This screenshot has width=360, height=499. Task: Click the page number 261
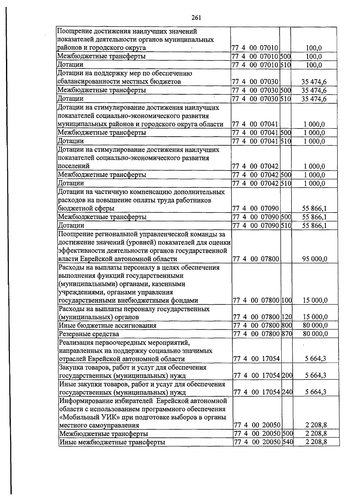pyautogui.click(x=196, y=18)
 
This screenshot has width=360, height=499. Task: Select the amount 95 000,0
pyautogui.click(x=315, y=259)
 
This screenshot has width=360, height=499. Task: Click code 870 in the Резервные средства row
pyautogui.click(x=287, y=334)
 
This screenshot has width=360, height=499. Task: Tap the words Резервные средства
pyautogui.click(x=89, y=334)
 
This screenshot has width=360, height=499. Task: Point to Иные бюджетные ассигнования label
pyautogui.click(x=108, y=325)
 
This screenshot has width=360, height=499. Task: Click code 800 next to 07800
pyautogui.click(x=287, y=325)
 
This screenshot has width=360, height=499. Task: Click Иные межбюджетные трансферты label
pyautogui.click(x=112, y=442)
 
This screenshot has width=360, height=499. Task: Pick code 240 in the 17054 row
pyautogui.click(x=287, y=392)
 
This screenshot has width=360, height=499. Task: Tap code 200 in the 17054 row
pyautogui.click(x=287, y=375)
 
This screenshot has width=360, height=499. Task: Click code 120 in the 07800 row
pyautogui.click(x=287, y=317)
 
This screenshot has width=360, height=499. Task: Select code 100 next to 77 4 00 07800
pyautogui.click(x=287, y=300)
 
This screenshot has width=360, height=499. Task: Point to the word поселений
pyautogui.click(x=73, y=166)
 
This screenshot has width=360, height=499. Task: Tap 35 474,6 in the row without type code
pyautogui.click(x=314, y=82)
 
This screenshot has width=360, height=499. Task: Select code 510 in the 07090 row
pyautogui.click(x=286, y=225)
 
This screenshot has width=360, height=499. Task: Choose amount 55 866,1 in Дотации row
pyautogui.click(x=314, y=225)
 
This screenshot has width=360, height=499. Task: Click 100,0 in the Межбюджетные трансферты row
pyautogui.click(x=314, y=56)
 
